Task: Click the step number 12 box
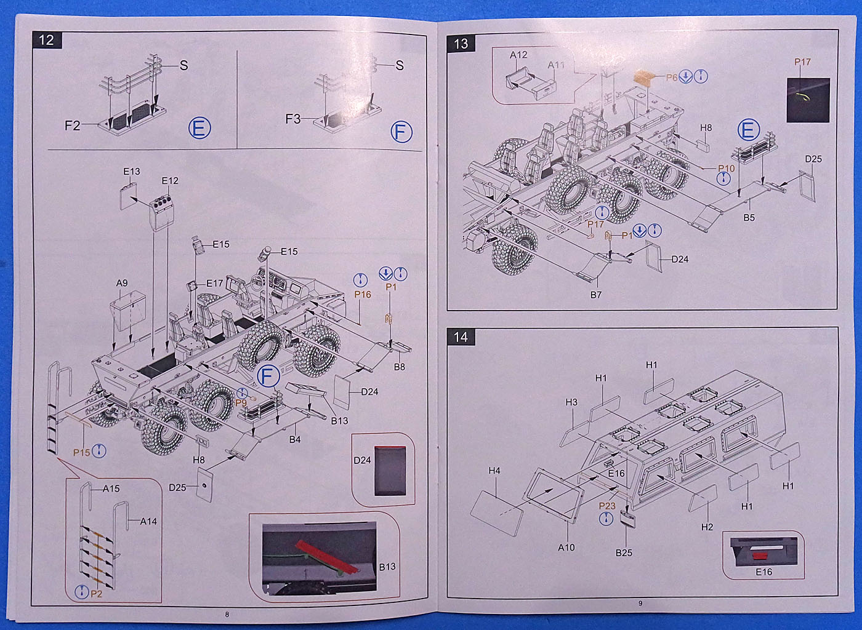click(47, 40)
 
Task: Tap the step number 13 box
click(461, 43)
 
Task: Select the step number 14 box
click(461, 337)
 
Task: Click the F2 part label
click(73, 126)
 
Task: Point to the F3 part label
click(293, 119)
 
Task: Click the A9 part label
click(122, 283)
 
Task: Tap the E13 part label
click(132, 172)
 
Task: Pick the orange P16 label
click(363, 295)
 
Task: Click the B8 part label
click(400, 367)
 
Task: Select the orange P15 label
click(81, 452)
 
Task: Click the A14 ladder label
click(148, 521)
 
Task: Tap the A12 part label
click(518, 55)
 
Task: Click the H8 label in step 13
click(706, 128)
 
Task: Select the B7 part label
click(596, 295)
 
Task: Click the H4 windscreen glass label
click(494, 471)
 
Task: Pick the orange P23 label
click(607, 506)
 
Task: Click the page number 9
click(640, 603)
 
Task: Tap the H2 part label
click(707, 527)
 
